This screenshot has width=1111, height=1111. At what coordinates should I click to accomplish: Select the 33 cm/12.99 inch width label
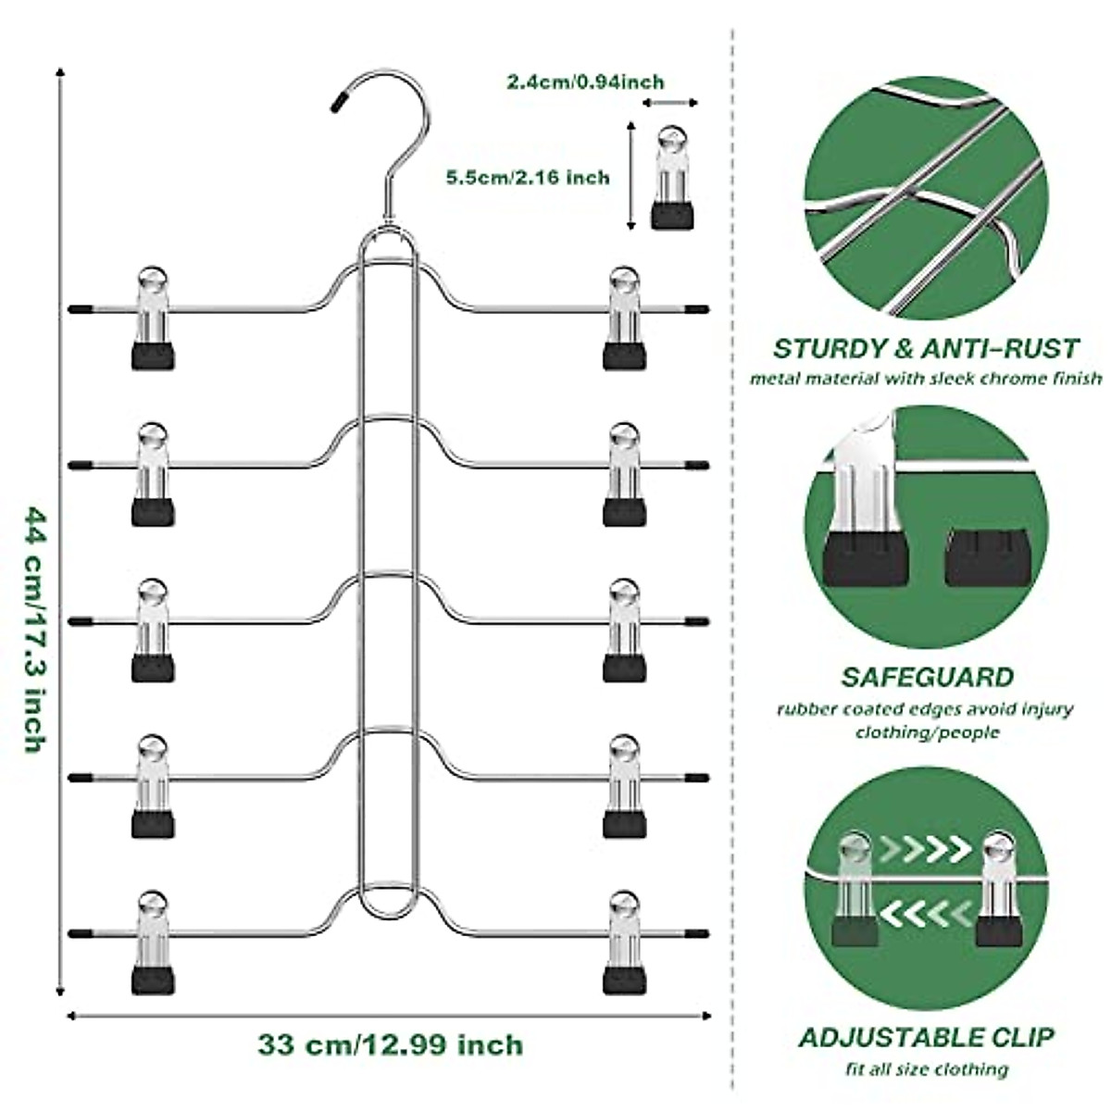coord(390,1047)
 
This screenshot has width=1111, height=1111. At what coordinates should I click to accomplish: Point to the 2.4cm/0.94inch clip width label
coord(584,82)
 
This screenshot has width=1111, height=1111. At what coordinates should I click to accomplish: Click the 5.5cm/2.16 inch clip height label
coord(529,176)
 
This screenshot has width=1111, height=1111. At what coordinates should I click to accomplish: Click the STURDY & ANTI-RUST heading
coord(926,349)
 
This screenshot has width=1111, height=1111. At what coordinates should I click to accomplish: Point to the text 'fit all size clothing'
coord(926,1069)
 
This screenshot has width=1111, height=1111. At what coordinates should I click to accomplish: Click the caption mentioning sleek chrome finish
coord(926,378)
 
